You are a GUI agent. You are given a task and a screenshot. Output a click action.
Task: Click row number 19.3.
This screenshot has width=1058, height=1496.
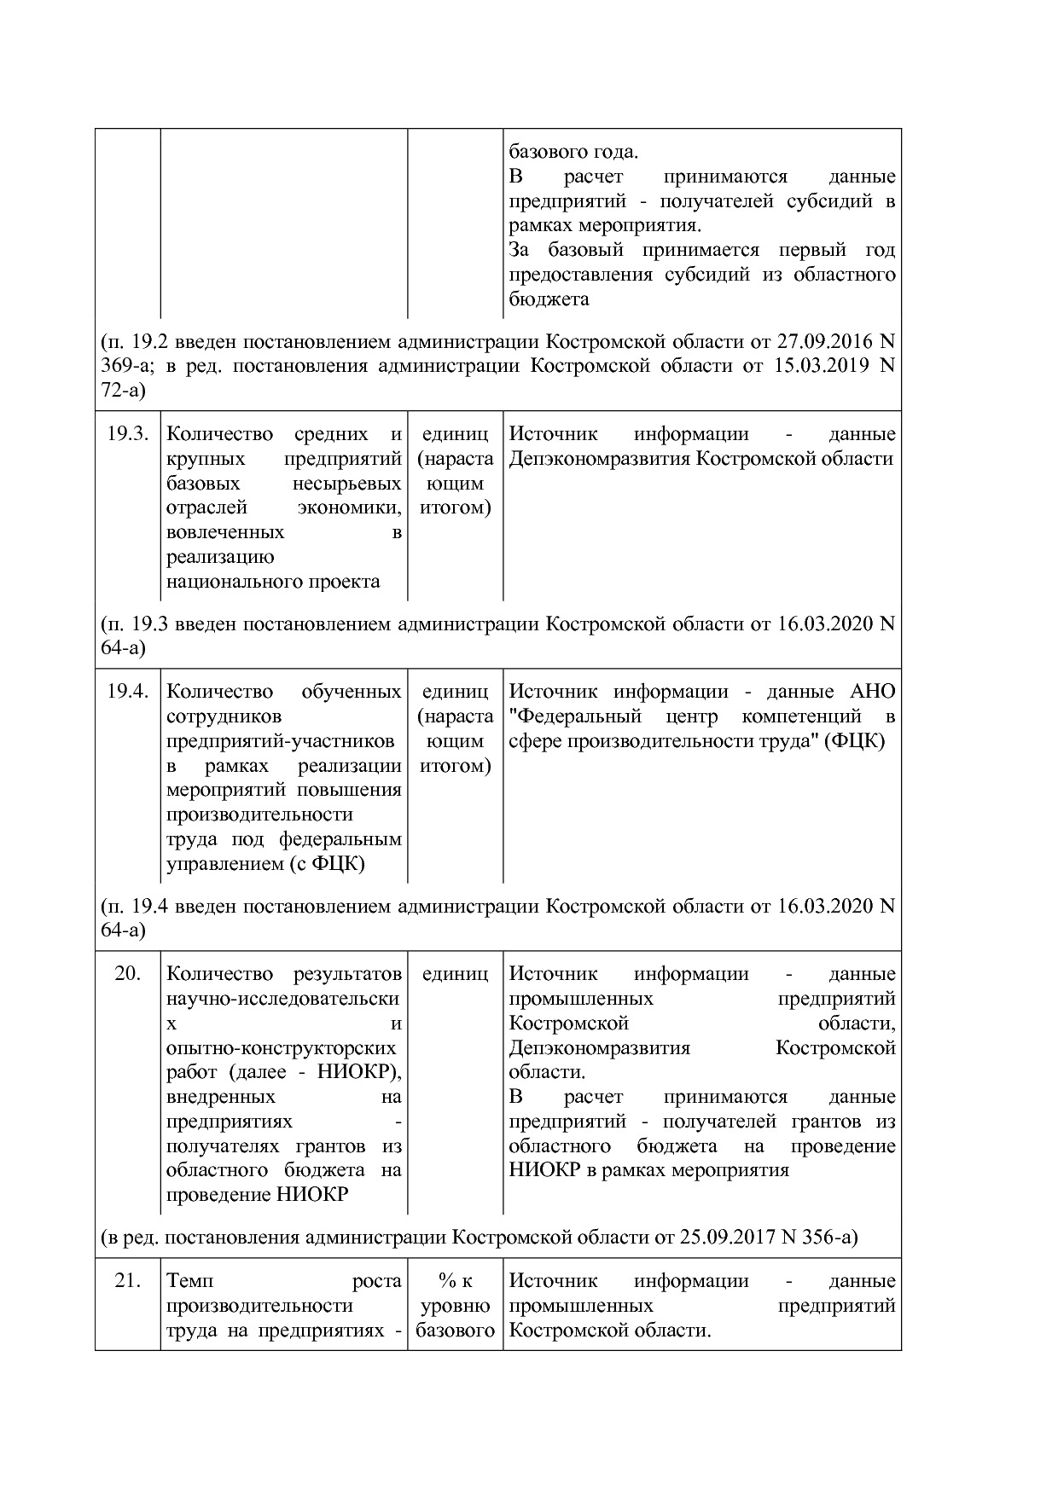pyautogui.click(x=127, y=434)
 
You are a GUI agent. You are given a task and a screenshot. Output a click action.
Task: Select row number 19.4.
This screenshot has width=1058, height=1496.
pyautogui.click(x=127, y=692)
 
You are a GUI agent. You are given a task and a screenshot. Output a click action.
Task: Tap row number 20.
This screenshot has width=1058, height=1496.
pyautogui.click(x=127, y=973)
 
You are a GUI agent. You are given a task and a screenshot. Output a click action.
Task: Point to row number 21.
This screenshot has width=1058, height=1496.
pyautogui.click(x=127, y=1280)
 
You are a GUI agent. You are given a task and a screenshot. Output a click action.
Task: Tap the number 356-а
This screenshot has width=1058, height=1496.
pyautogui.click(x=827, y=1237)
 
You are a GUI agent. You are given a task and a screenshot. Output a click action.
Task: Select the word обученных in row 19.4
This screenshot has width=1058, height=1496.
pyautogui.click(x=351, y=692)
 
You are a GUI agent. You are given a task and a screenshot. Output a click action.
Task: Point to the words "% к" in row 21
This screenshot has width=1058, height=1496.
pyautogui.click(x=455, y=1280)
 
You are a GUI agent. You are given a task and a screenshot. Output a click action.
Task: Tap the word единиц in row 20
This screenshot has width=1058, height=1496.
pyautogui.click(x=455, y=973)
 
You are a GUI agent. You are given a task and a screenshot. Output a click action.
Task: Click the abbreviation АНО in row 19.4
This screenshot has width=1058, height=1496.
pyautogui.click(x=872, y=692)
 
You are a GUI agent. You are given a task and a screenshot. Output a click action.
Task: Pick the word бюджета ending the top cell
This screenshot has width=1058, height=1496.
pyautogui.click(x=549, y=299)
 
